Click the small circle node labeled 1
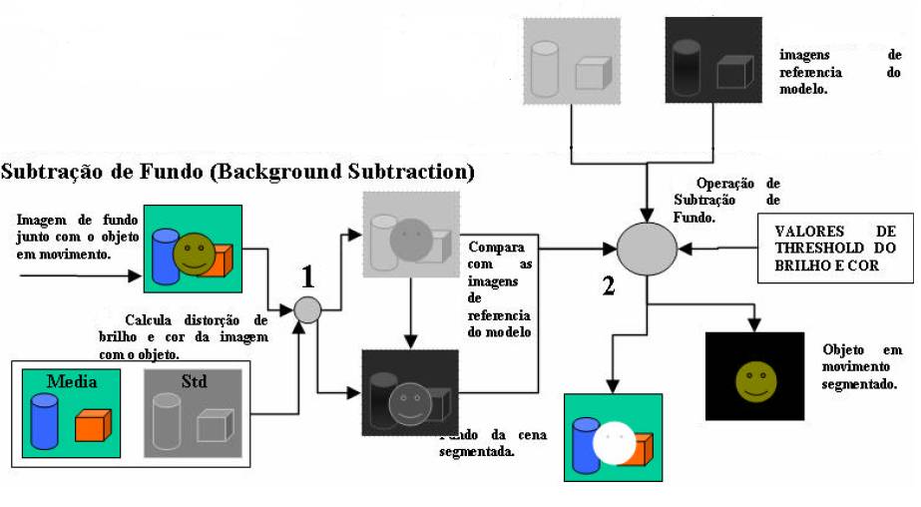308,310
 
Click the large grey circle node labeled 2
647,249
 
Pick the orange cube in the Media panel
93,424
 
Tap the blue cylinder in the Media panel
45,419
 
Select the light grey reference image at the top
572,62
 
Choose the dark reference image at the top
712,62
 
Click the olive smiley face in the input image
194,254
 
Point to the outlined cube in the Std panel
214,426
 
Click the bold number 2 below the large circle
608,286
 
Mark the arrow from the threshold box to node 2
718,248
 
